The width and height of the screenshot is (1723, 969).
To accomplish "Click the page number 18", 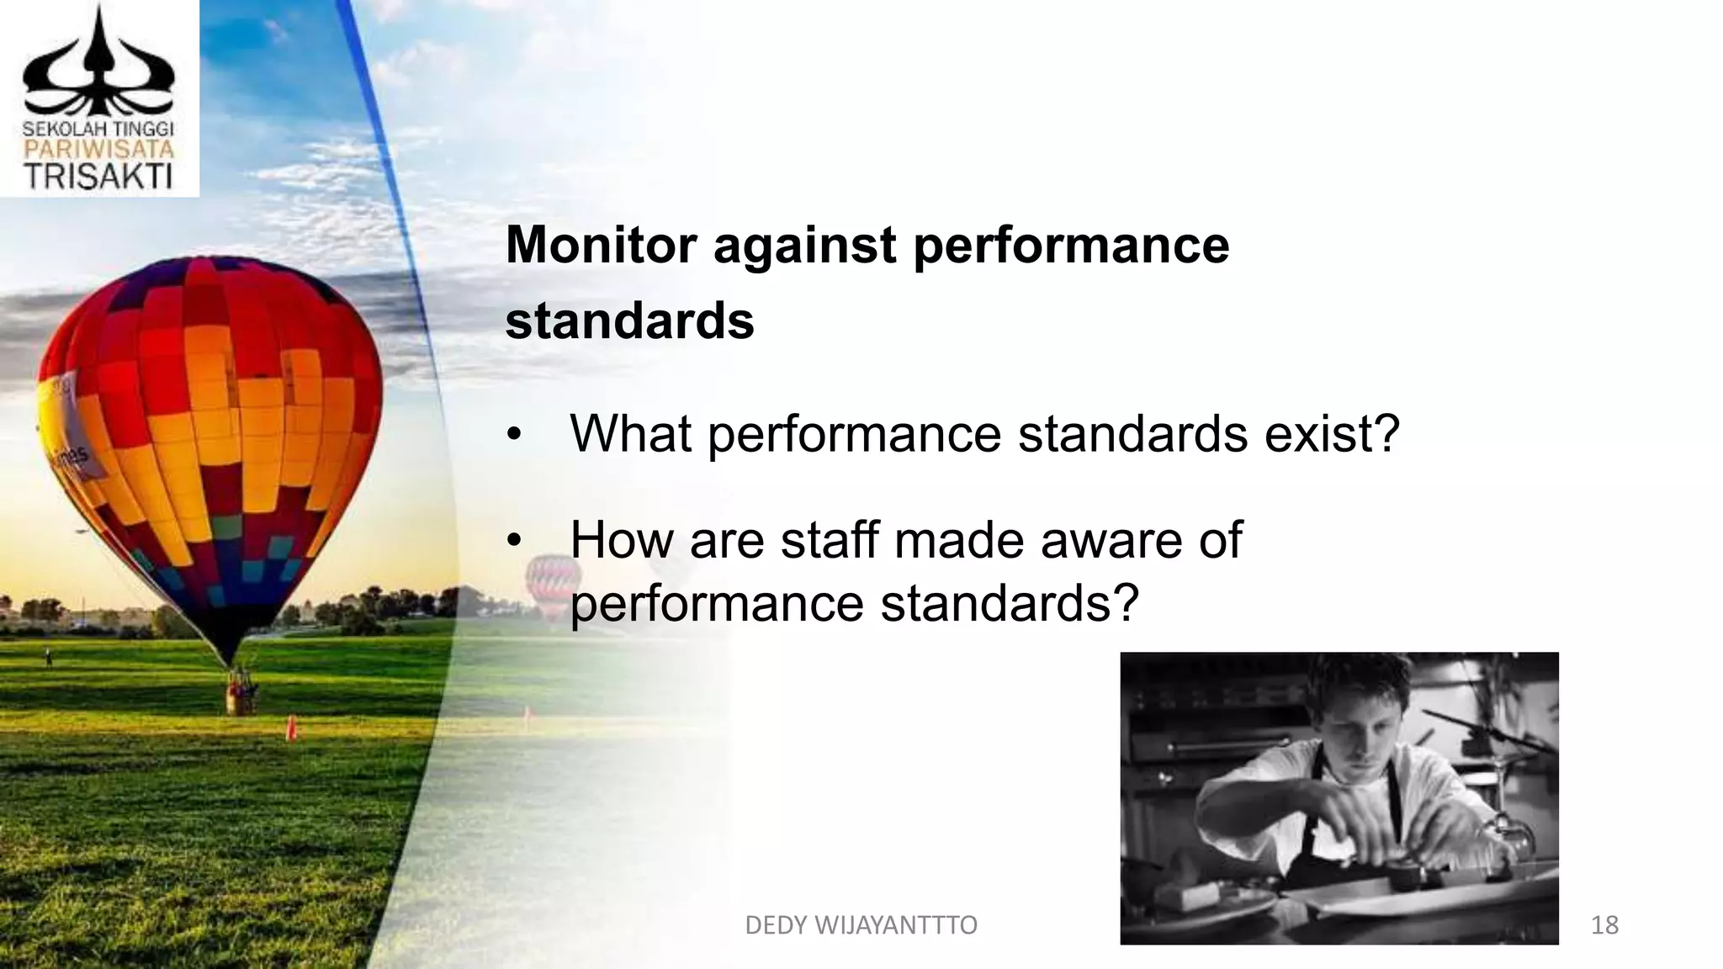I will click(1604, 925).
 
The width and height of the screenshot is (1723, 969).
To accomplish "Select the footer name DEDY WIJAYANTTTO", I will click(861, 925).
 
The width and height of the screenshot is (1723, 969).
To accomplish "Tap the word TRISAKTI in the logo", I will click(98, 176).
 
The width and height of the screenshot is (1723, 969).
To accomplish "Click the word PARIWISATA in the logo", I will click(98, 150).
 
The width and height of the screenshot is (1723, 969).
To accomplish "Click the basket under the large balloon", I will click(241, 693).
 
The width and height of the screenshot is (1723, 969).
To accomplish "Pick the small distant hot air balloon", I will click(554, 580).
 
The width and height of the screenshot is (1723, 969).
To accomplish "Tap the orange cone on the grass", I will click(291, 727).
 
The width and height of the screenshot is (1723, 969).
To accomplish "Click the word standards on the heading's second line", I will click(629, 320).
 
